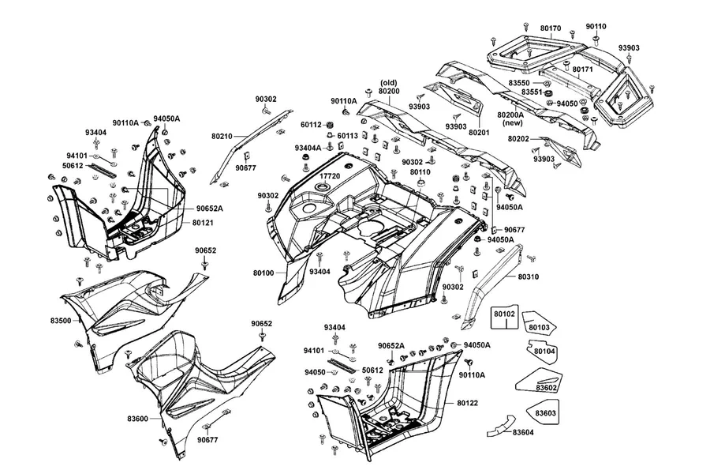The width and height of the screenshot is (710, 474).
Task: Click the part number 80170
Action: coord(551,28)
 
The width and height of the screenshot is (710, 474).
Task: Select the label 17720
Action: coord(330,176)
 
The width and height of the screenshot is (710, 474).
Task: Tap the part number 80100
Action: coord(263,273)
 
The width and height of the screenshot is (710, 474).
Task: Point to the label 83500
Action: coord(61,321)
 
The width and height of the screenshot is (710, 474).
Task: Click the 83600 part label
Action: coord(137,419)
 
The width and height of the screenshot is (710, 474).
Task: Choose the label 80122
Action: coord(467,403)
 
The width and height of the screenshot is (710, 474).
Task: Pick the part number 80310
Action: coord(529,276)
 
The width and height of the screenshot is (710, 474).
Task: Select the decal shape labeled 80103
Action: coord(539,323)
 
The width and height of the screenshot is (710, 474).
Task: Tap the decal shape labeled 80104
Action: coord(542,352)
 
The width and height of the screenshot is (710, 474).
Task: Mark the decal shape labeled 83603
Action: coord(543,412)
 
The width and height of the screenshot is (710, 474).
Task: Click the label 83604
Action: coord(523,432)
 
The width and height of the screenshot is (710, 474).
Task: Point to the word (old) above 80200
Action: coord(388,82)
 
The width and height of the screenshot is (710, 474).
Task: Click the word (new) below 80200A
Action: coord(513,122)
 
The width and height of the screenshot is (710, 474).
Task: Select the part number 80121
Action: coord(203,223)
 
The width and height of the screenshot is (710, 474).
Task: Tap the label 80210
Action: coord(222,136)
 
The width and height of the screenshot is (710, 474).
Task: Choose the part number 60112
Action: coord(311,124)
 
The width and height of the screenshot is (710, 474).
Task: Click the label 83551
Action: coord(532,92)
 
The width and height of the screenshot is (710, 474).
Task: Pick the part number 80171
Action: coord(583,70)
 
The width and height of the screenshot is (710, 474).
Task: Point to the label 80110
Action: coord(420,172)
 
